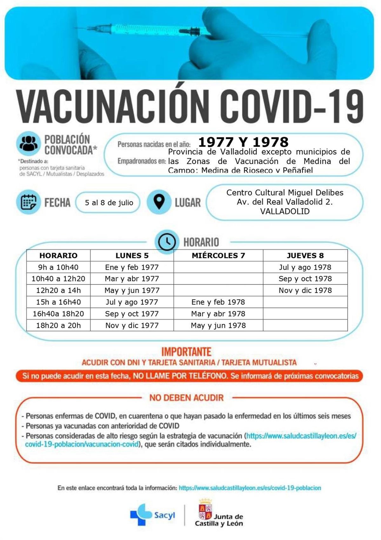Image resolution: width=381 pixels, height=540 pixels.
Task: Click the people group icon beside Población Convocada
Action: tap(29, 144)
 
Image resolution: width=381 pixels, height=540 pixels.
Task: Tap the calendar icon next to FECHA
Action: tap(29, 202)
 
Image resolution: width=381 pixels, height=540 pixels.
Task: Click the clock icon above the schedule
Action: tap(167, 242)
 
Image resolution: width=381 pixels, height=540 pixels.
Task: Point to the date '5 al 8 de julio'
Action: tap(109, 202)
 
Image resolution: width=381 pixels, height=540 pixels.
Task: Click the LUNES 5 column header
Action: tap(132, 256)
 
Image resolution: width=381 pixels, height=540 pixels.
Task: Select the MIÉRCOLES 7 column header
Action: tap(218, 256)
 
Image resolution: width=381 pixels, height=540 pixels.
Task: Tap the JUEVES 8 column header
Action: tap(305, 256)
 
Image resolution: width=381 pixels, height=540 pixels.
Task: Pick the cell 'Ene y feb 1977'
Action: tap(132, 267)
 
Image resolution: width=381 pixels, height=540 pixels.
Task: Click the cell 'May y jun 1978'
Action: tap(218, 325)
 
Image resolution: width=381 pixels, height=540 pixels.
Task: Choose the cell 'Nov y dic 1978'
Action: tap(305, 291)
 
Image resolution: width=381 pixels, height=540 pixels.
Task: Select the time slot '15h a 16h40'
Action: tap(58, 302)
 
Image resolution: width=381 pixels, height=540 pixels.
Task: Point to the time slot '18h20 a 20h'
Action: tap(58, 325)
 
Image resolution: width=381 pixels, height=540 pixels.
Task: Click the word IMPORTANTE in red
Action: tap(186, 352)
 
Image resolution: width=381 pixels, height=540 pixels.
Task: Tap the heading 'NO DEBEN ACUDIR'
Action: tap(186, 398)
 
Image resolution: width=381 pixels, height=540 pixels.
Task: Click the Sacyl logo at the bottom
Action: tap(152, 515)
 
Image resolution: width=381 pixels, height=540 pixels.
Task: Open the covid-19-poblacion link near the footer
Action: tap(250, 488)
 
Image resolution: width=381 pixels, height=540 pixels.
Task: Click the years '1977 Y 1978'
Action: tap(243, 142)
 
